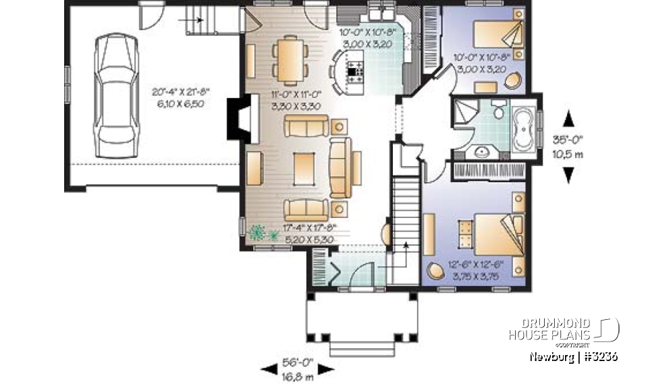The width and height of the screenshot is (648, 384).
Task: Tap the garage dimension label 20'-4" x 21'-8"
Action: (x=178, y=99)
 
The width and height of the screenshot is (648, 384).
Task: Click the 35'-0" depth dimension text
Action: (x=568, y=142)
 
